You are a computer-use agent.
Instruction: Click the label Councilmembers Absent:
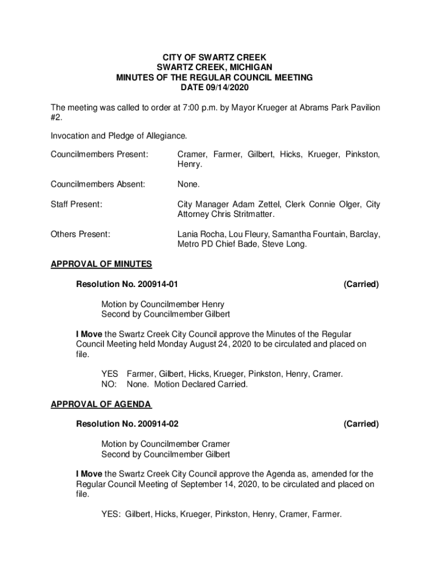tap(98, 184)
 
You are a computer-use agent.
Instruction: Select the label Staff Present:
tap(77, 205)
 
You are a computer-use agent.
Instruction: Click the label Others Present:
tap(80, 234)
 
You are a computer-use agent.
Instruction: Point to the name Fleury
tap(242, 234)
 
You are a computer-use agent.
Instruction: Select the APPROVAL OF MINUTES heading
tap(101, 264)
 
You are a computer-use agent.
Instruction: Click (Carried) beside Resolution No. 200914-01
tap(361, 285)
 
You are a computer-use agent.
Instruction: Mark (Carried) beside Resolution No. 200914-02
tap(361, 424)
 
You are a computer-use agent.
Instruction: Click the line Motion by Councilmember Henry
tap(163, 304)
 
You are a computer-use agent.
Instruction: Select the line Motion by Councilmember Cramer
tap(166, 444)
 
